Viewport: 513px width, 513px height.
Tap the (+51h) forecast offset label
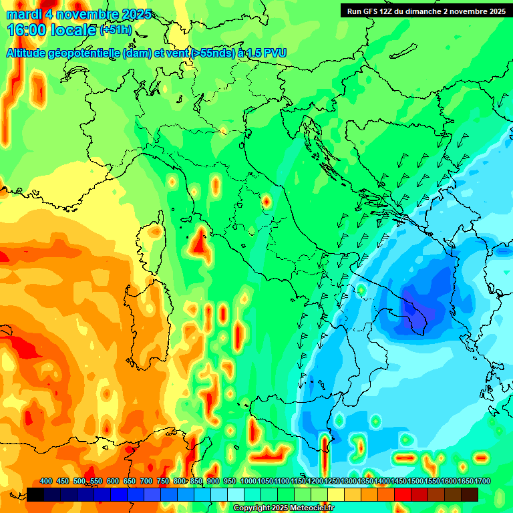(x=116, y=30)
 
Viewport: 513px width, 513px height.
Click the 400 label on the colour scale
(x=46, y=481)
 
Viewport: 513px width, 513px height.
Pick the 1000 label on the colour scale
(x=248, y=481)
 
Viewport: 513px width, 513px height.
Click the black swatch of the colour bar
(x=35, y=494)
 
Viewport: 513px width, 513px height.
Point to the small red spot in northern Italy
(x=266, y=200)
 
